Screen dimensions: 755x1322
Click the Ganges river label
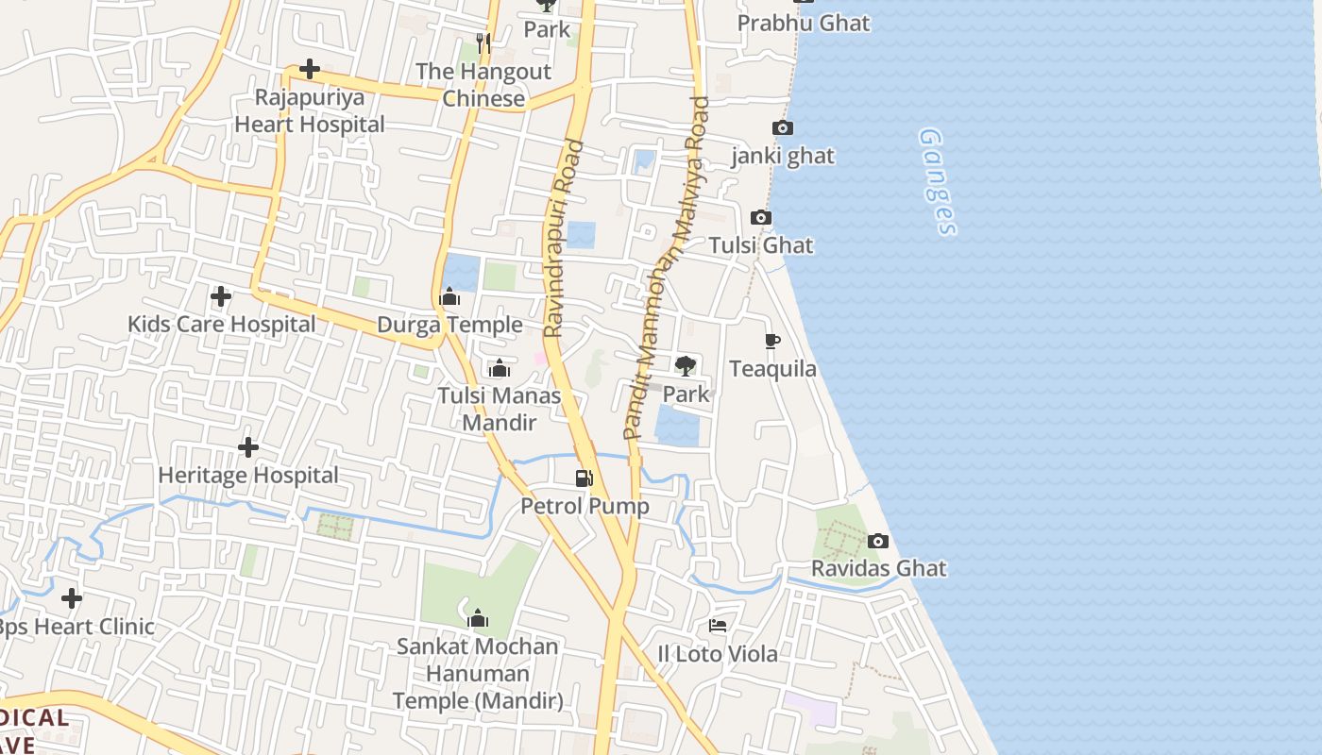tap(938, 182)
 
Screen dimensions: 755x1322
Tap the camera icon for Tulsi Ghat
tap(761, 218)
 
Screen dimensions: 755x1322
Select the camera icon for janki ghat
tap(783, 128)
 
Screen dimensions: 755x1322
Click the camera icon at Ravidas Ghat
tap(878, 541)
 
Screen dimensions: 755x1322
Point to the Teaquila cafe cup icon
tap(772, 341)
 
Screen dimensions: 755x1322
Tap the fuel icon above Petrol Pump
tap(585, 478)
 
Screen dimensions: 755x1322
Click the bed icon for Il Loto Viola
tap(718, 626)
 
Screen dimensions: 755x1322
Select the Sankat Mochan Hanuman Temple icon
tap(478, 619)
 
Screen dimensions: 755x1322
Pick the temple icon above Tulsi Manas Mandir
tap(499, 368)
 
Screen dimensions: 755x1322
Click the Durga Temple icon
tap(449, 297)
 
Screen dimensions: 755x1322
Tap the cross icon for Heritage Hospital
tap(248, 447)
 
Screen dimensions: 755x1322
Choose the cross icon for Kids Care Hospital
tap(221, 296)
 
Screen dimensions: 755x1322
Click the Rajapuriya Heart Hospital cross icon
tap(309, 69)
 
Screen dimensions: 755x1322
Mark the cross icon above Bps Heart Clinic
tap(72, 598)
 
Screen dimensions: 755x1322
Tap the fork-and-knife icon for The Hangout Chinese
tap(483, 43)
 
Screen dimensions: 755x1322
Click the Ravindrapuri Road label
tap(565, 240)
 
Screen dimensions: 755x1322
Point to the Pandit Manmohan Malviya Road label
tap(667, 268)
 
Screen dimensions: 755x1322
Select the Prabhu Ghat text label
tap(803, 23)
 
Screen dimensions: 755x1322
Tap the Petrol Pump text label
tap(585, 506)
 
